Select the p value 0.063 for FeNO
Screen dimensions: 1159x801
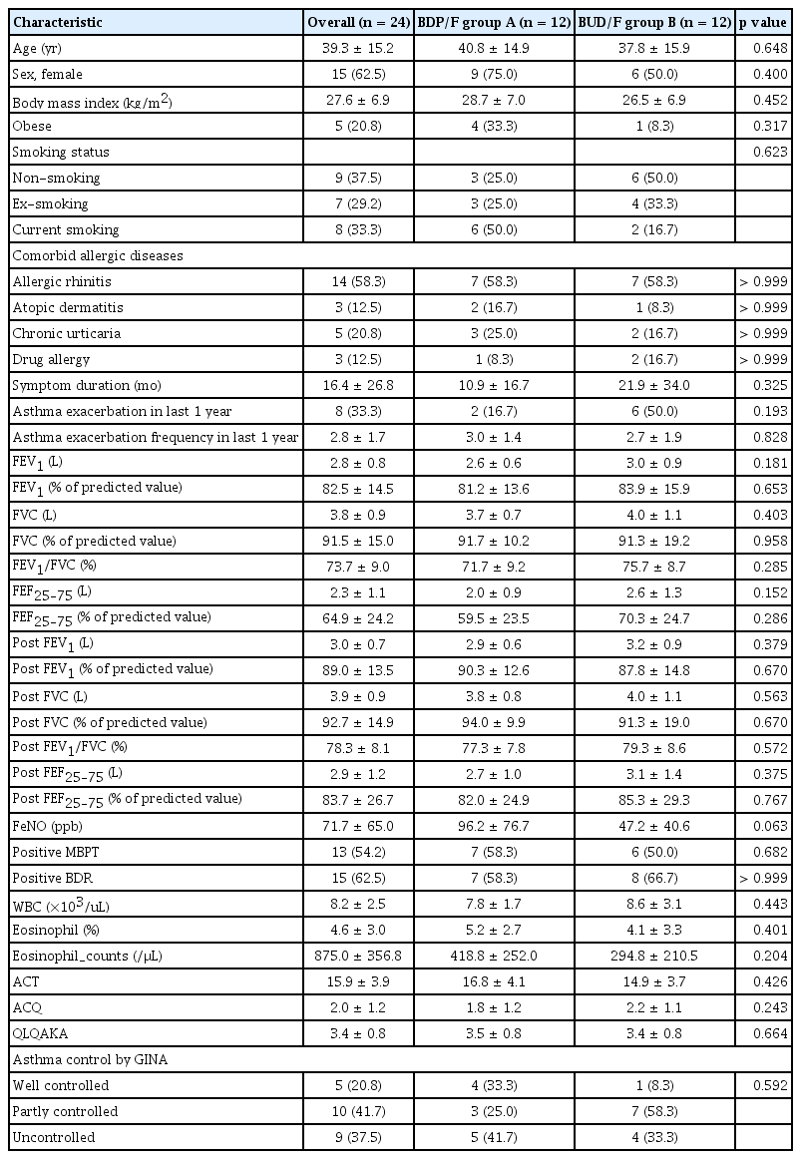coord(762,824)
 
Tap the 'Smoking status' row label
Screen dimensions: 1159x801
coord(59,152)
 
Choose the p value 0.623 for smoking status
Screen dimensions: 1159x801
coord(762,152)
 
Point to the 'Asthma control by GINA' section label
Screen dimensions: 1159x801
coord(80,1058)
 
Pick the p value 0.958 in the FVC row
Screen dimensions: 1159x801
coord(762,541)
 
